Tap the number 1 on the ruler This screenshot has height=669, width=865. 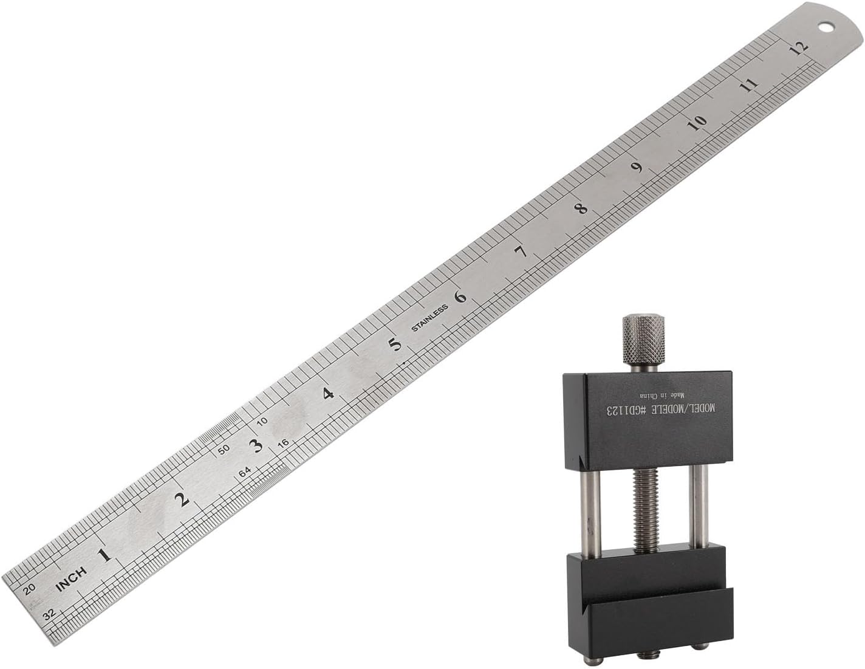click(x=105, y=555)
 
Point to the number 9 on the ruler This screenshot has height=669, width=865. click(x=638, y=167)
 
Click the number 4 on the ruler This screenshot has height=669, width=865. click(x=329, y=394)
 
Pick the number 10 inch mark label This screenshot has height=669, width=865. click(x=697, y=123)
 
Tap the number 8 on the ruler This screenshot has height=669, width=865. click(x=582, y=208)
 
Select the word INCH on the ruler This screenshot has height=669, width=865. click(x=72, y=580)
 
